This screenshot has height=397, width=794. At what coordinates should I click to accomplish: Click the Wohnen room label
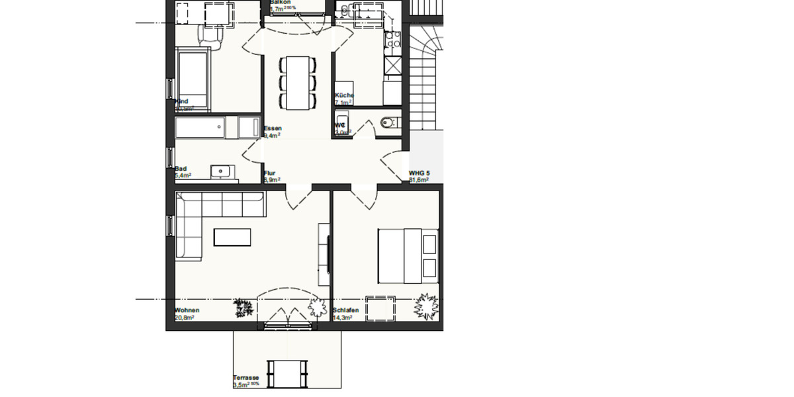(x=187, y=310)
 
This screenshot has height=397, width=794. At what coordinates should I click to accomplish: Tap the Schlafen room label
(x=347, y=310)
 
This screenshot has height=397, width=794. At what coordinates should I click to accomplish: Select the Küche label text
(x=344, y=95)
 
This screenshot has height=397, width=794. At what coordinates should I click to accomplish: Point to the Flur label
(x=269, y=173)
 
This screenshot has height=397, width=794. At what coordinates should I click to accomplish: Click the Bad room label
(x=181, y=169)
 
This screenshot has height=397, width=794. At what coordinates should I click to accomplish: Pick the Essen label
(x=273, y=128)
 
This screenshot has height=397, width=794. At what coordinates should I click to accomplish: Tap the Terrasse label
(x=245, y=378)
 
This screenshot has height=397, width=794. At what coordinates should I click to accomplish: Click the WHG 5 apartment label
(x=419, y=173)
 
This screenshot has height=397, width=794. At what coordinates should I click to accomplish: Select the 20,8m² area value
(x=185, y=318)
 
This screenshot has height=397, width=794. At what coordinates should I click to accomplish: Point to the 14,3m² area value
(x=343, y=318)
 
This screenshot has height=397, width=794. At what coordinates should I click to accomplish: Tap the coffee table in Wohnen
(x=232, y=237)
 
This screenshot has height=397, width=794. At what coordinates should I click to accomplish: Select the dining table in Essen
(x=298, y=83)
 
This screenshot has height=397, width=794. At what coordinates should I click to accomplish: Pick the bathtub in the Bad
(x=200, y=127)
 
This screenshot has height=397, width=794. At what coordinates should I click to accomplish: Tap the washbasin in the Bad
(x=220, y=172)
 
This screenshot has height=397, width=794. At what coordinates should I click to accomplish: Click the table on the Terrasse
(x=287, y=373)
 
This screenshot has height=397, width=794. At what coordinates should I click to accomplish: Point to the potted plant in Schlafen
(x=425, y=306)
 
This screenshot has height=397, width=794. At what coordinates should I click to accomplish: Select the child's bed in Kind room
(x=193, y=81)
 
